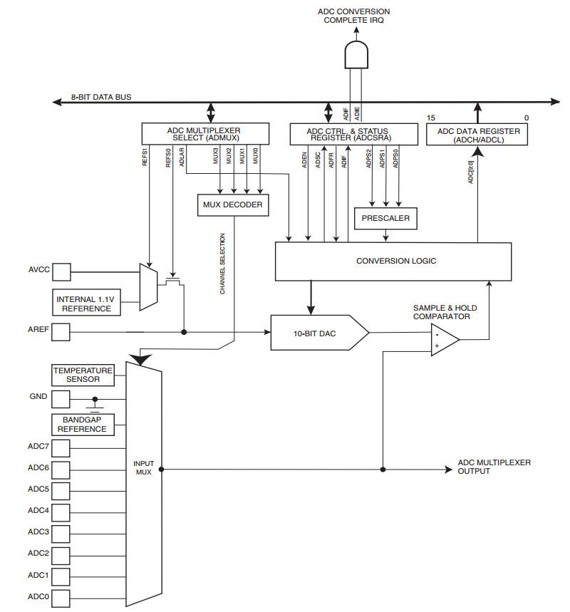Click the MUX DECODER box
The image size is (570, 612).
(232, 205)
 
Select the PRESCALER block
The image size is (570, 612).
(385, 218)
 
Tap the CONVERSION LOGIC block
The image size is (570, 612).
(393, 261)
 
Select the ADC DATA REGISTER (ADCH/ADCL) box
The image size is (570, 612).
(478, 135)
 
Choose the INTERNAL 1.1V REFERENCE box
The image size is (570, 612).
(85, 304)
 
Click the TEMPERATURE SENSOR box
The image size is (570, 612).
(83, 375)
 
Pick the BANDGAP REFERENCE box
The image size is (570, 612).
(83, 425)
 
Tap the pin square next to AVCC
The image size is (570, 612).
(62, 271)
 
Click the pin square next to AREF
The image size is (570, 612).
(62, 332)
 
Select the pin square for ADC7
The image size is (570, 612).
(62, 447)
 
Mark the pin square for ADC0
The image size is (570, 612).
(62, 597)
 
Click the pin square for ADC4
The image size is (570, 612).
(62, 512)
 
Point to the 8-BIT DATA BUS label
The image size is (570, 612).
(100, 96)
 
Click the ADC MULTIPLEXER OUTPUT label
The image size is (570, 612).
(494, 467)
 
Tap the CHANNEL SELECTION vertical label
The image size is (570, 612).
(222, 264)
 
